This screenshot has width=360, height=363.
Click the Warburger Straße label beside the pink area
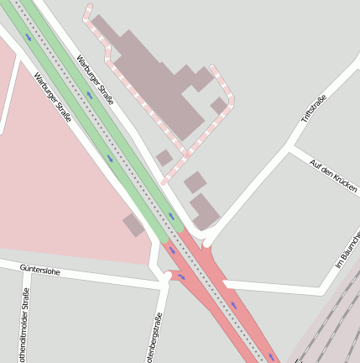click(53, 96)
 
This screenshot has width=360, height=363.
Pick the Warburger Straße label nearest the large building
click(95, 79)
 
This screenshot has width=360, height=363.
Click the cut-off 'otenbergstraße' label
click(155, 337)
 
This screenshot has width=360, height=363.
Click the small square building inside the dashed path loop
click(219, 105)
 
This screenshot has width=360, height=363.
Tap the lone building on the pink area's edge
click(133, 224)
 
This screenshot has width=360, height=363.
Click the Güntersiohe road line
click(92, 276)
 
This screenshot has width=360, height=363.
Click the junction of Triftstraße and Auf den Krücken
click(290, 148)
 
